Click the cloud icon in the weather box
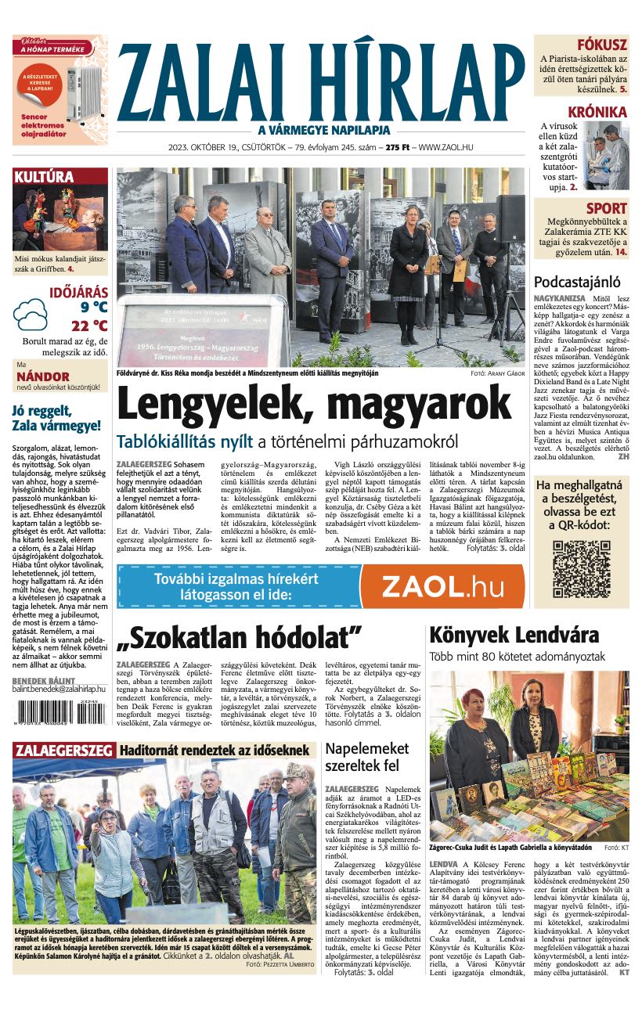pyautogui.click(x=31, y=314)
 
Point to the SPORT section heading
pyautogui.click(x=607, y=208)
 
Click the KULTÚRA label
pyautogui.click(x=45, y=178)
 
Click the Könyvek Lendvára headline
pyautogui.click(x=514, y=635)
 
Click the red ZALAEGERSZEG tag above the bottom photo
pyautogui.click(x=63, y=750)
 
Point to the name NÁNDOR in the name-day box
pyautogui.click(x=44, y=376)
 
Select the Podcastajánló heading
pyautogui.click(x=577, y=282)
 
